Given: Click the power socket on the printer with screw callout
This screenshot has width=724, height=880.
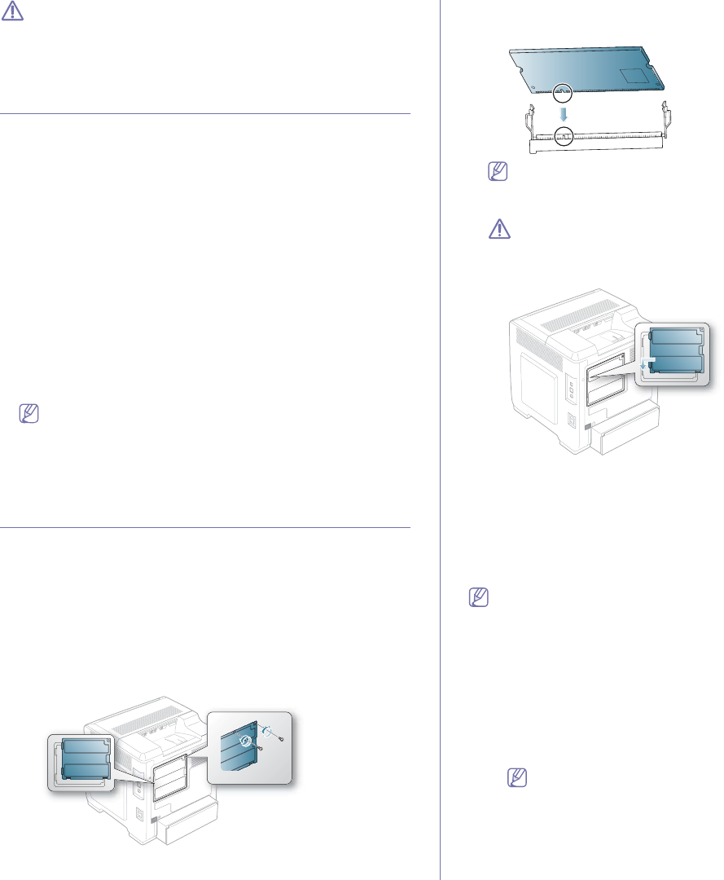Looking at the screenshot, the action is click(x=138, y=814).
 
